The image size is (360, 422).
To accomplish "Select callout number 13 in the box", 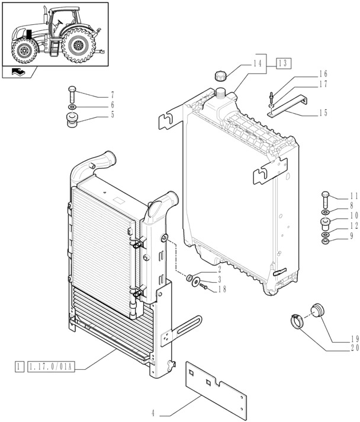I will (283, 63).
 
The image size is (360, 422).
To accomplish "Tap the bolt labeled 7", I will (72, 93).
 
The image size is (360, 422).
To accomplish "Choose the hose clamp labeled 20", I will (298, 322).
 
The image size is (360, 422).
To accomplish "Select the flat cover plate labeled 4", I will (217, 385).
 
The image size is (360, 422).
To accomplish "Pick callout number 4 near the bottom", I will (153, 413).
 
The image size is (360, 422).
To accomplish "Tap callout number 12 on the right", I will (354, 225).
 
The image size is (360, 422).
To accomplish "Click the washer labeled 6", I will (72, 108).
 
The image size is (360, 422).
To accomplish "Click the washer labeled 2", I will (191, 277).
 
